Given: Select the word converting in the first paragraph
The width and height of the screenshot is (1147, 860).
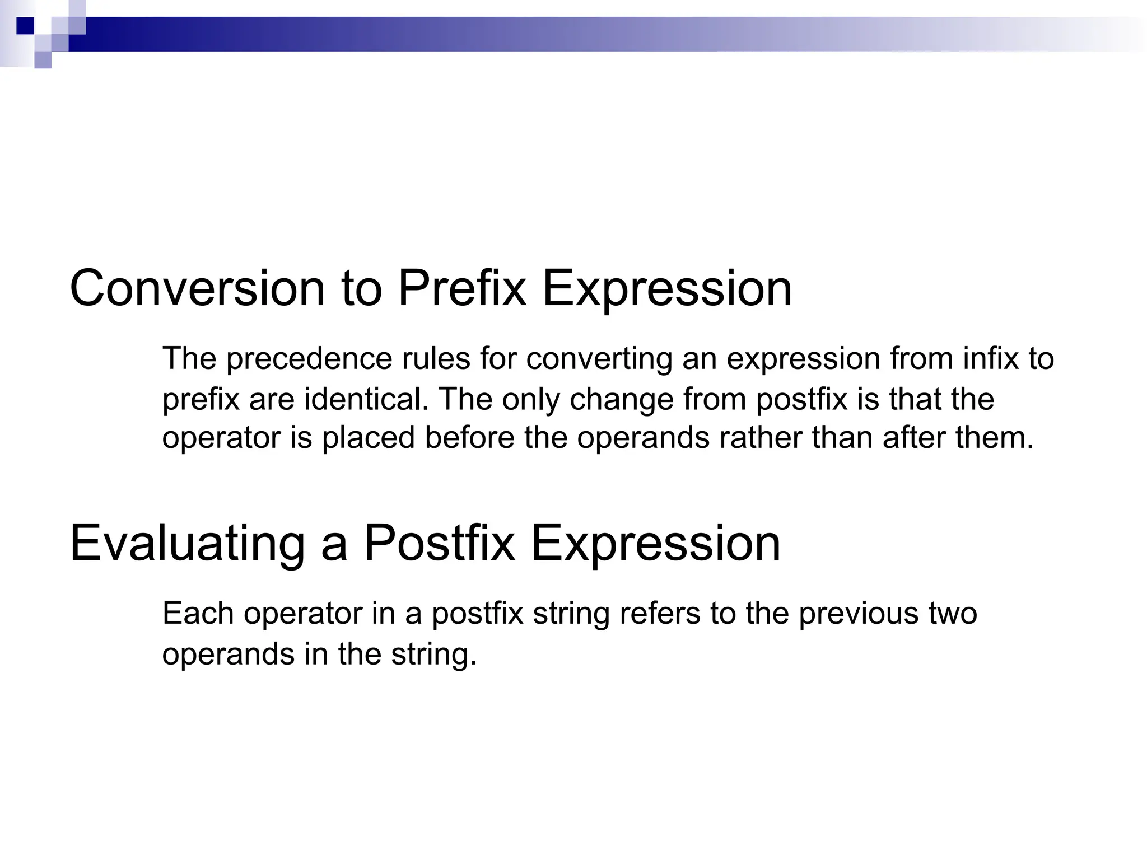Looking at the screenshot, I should point(599,359).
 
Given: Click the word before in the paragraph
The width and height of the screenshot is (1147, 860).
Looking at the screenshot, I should point(469,437).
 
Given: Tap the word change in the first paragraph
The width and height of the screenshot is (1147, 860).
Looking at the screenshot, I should point(621,400).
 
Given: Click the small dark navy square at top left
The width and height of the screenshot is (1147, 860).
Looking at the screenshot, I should point(25,26).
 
